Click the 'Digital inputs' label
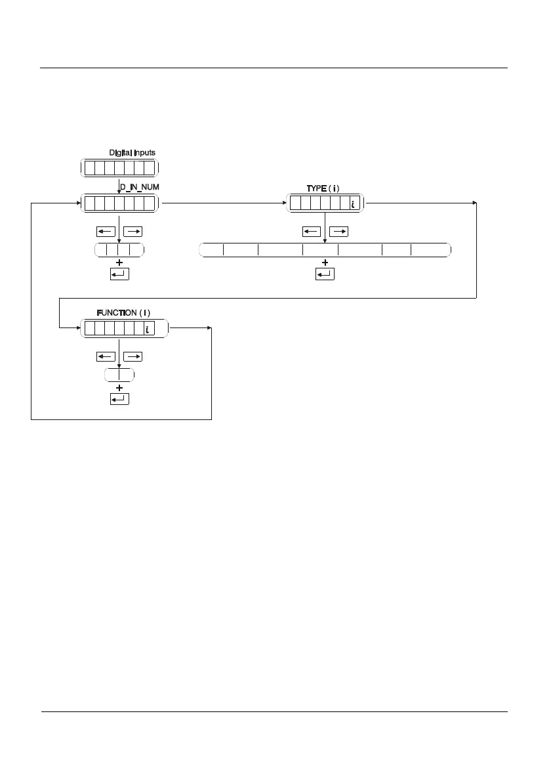(x=132, y=153)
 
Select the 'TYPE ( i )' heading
(x=323, y=188)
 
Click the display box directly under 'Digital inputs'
(x=119, y=168)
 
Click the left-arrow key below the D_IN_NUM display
(x=105, y=232)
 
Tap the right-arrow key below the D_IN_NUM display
(x=133, y=232)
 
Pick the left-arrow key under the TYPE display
(x=312, y=232)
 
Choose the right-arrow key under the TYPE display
(x=338, y=232)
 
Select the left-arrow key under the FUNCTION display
(x=105, y=357)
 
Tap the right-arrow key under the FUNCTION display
(x=133, y=357)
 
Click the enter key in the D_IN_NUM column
(x=119, y=274)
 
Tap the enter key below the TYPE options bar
(x=325, y=274)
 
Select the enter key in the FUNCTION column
(x=119, y=399)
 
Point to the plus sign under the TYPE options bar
(x=325, y=262)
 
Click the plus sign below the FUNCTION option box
(x=119, y=387)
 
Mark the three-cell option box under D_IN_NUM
(x=119, y=249)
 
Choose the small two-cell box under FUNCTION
(x=119, y=375)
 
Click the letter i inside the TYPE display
(x=352, y=204)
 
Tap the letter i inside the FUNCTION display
(x=148, y=329)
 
